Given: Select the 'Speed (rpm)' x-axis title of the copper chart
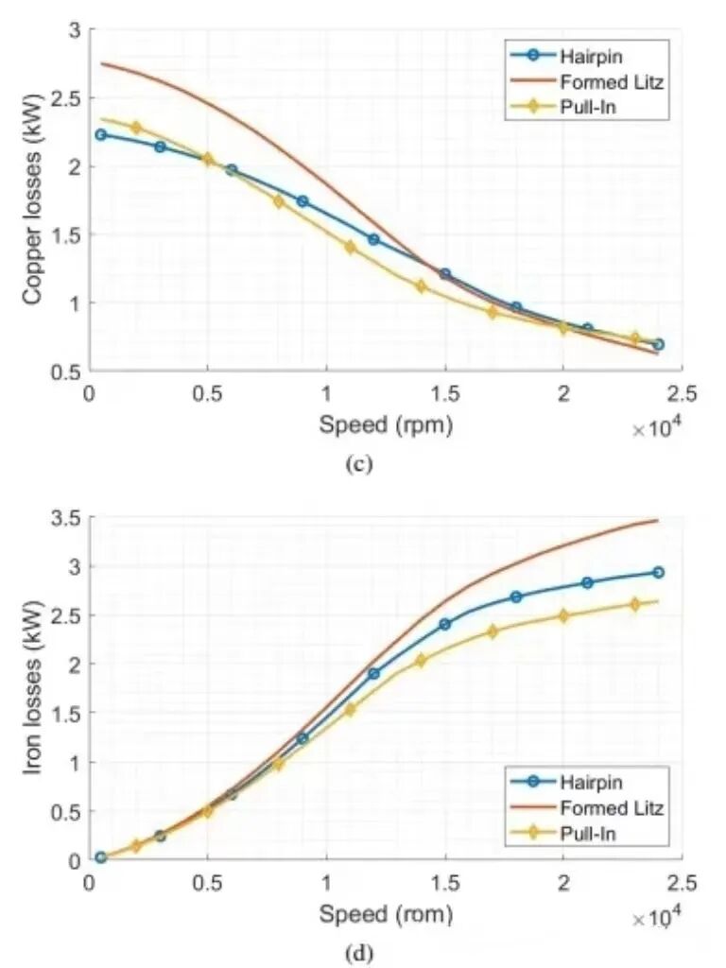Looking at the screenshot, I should click(x=385, y=425).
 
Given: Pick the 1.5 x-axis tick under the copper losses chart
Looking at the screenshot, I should click(x=444, y=393).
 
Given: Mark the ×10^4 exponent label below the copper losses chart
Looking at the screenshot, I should click(x=657, y=430).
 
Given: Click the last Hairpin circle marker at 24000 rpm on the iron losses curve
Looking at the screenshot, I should click(x=658, y=572).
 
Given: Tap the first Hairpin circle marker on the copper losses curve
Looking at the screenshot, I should click(x=101, y=134).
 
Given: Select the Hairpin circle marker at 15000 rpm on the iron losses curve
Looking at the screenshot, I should click(x=444, y=624).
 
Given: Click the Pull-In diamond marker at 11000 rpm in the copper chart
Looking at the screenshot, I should click(x=350, y=247).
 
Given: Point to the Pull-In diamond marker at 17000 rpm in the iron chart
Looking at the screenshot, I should click(x=493, y=631).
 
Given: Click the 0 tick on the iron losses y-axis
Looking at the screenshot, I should click(x=74, y=861).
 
